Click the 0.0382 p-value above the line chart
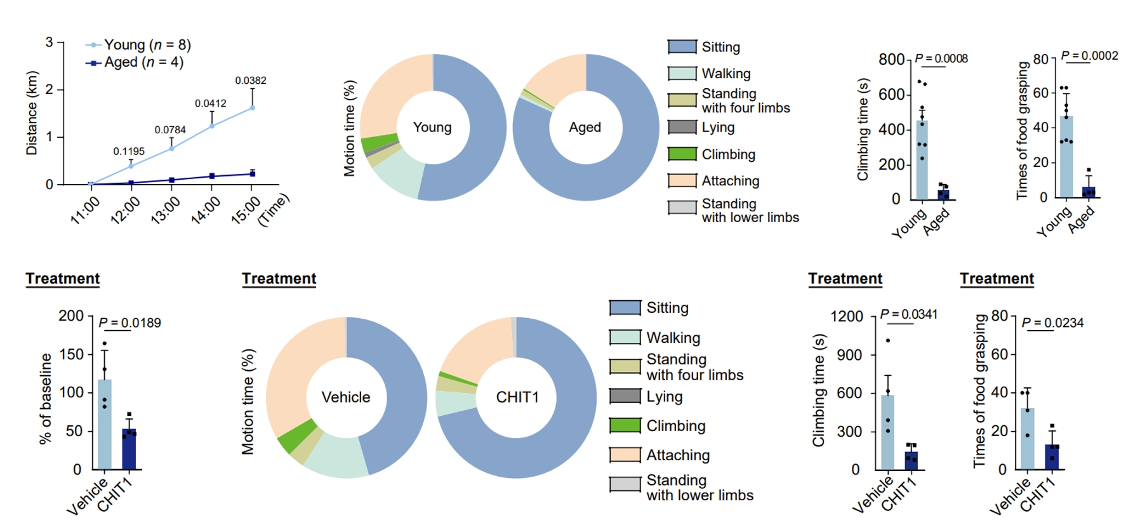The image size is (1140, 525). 251,81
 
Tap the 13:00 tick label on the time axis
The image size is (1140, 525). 165,210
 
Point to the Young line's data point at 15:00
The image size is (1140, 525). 252,108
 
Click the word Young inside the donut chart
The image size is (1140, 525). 432,127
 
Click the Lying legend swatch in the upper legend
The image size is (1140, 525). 682,127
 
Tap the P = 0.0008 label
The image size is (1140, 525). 941,58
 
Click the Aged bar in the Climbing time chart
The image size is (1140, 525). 943,194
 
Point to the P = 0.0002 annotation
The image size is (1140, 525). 1089,56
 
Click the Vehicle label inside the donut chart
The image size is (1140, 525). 346,397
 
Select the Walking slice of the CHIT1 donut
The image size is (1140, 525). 454,403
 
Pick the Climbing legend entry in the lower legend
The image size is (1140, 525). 675,425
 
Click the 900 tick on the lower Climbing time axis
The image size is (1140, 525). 849,355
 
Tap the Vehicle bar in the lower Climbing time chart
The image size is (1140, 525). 887,432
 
